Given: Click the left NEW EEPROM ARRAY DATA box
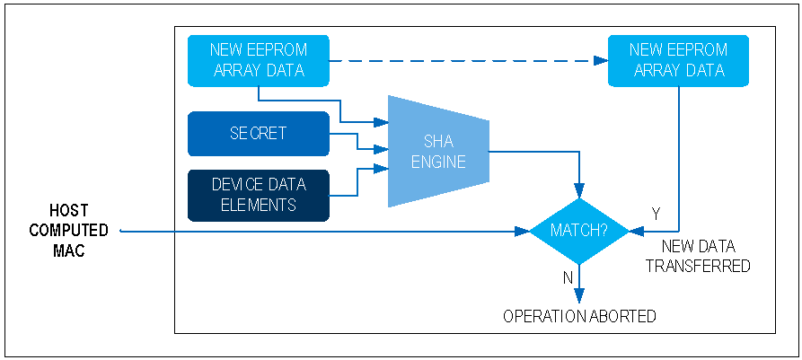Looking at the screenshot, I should (259, 60).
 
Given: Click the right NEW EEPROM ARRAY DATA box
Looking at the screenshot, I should (678, 60).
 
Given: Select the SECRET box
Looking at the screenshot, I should (259, 134).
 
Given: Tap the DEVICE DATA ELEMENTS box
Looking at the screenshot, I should (259, 195).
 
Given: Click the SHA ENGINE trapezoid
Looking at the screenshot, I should (438, 151).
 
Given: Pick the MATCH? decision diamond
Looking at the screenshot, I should (579, 231).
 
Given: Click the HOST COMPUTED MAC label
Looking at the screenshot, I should (68, 231).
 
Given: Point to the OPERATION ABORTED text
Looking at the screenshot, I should (579, 316).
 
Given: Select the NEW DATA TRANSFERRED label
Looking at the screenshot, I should (698, 255).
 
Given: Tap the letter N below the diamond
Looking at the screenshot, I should (568, 278).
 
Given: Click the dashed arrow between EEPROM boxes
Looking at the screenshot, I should (467, 61).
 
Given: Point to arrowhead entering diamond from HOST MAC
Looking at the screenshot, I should (522, 231).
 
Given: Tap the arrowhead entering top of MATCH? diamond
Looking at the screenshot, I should (579, 190).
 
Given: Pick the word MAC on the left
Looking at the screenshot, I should (68, 251).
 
